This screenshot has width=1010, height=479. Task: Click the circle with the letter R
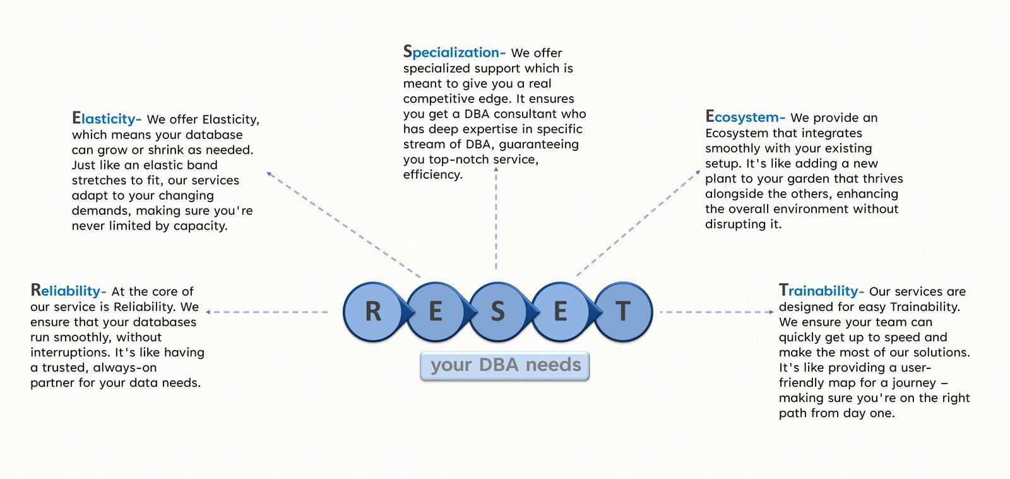[373, 312]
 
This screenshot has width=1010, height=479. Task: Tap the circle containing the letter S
[497, 312]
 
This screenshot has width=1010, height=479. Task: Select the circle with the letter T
[623, 312]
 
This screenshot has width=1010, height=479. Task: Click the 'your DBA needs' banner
[505, 366]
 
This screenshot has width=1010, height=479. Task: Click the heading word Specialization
[454, 52]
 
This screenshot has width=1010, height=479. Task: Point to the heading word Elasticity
[105, 119]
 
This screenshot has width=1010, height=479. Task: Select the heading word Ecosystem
[744, 118]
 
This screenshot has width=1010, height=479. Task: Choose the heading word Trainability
[820, 291]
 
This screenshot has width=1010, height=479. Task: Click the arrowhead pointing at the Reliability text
[208, 312]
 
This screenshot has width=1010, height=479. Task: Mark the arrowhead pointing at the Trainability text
[771, 312]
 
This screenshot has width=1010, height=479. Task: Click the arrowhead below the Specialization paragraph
[496, 169]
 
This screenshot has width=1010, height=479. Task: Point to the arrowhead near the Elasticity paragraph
[269, 173]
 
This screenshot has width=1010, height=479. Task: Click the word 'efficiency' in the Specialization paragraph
[432, 174]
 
